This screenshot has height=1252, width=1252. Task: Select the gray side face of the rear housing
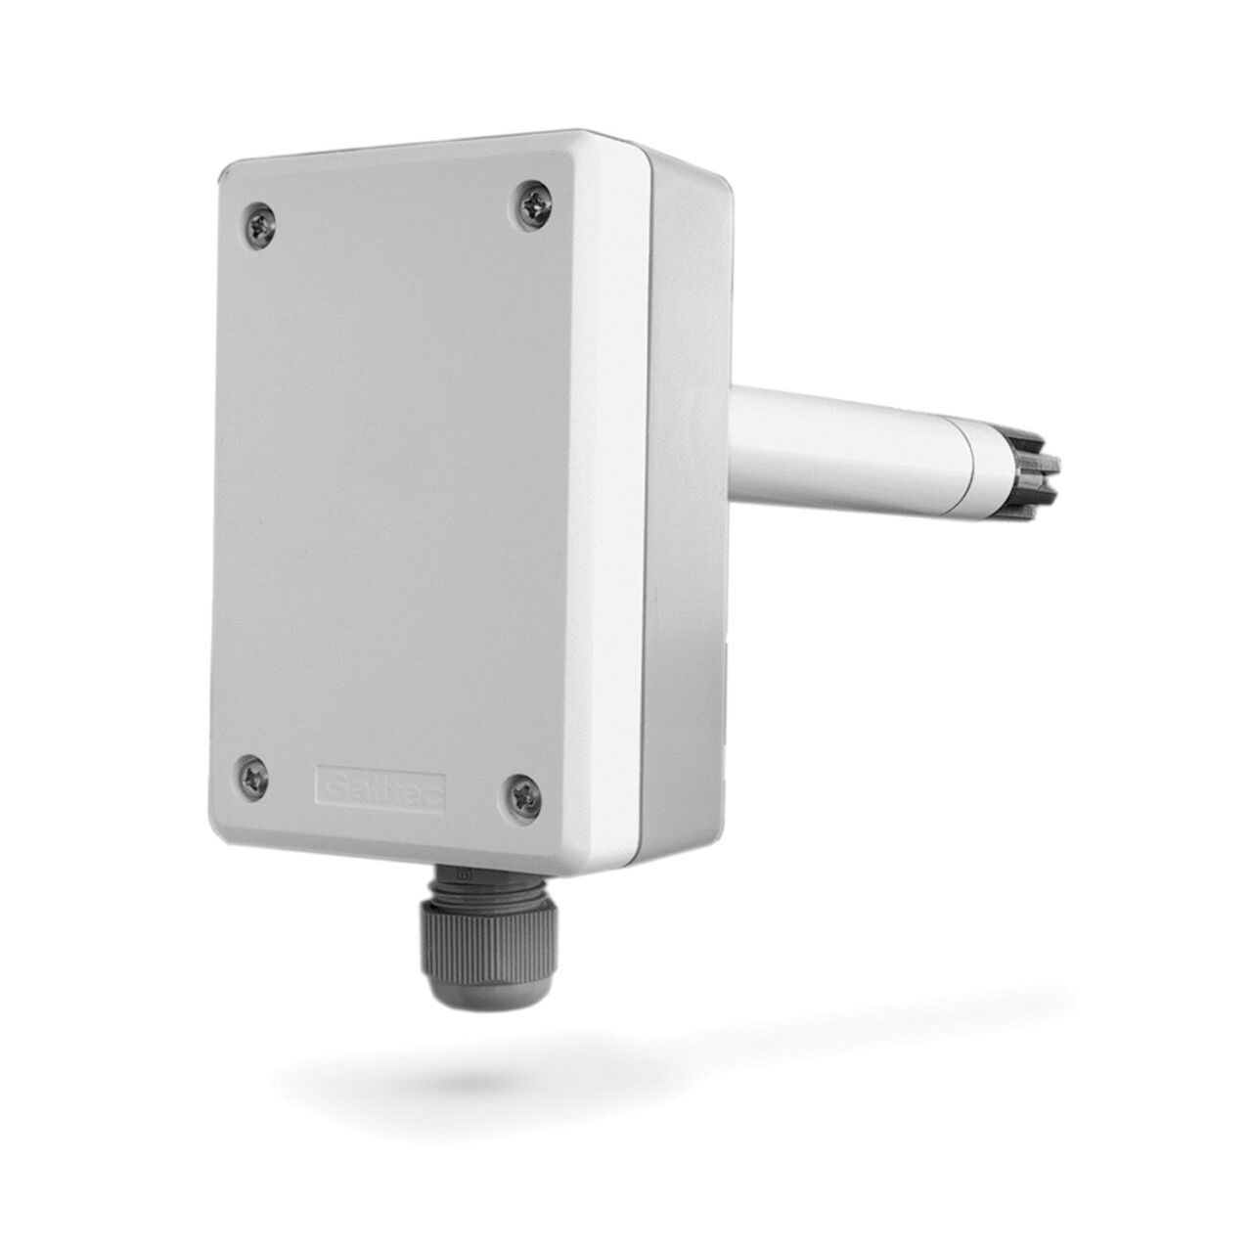click(685, 636)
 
